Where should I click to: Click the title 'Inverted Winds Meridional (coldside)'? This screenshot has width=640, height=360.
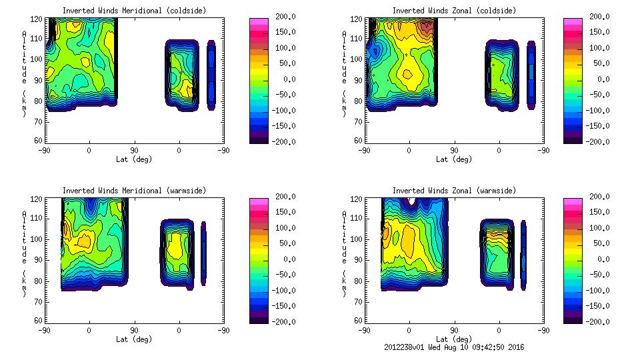click(x=134, y=11)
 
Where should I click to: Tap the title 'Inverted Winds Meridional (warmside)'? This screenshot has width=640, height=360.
click(x=134, y=191)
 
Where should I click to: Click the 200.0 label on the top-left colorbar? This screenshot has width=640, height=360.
click(x=282, y=16)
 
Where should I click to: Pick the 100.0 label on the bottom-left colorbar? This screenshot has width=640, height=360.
click(x=282, y=227)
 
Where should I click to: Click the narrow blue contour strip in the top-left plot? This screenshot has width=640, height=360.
click(x=211, y=75)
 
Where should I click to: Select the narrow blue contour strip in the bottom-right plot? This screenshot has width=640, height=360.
click(x=523, y=255)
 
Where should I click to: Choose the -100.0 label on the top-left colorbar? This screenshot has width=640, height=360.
click(x=280, y=110)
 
